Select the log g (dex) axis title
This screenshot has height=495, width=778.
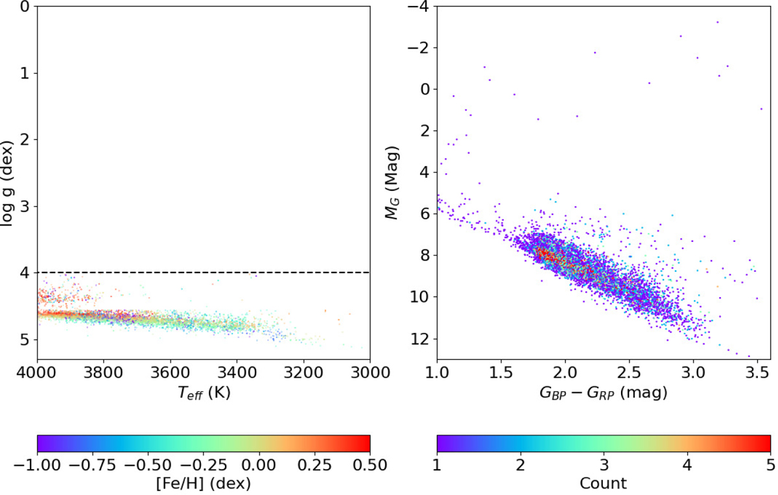[x=8, y=174]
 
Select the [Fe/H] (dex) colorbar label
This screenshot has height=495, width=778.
[x=204, y=483]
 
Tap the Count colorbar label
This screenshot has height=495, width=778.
[x=604, y=483]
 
